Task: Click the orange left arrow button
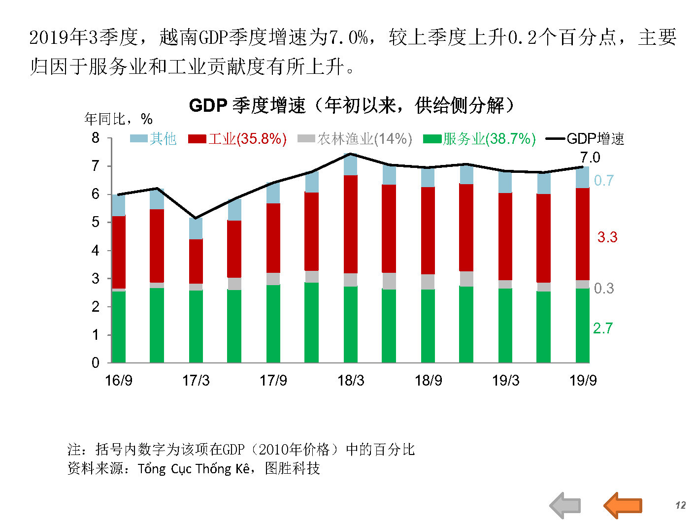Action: click(623, 505)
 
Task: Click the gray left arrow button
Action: click(565, 505)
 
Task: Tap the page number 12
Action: click(680, 505)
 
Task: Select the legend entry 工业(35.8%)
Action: click(237, 139)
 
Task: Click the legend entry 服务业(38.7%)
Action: click(479, 139)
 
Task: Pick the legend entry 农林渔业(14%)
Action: click(355, 139)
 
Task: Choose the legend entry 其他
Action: click(153, 139)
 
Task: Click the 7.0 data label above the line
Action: click(590, 158)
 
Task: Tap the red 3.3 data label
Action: click(607, 237)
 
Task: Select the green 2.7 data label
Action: click(603, 328)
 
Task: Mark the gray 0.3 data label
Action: click(604, 288)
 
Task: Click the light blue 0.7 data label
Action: click(603, 181)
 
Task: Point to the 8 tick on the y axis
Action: click(96, 138)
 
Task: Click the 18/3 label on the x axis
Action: click(351, 381)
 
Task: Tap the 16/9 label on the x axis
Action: click(119, 381)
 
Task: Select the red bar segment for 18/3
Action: click(351, 224)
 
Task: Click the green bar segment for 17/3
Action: click(196, 326)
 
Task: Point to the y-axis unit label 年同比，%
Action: click(118, 119)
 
